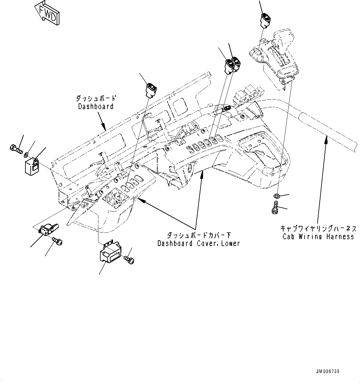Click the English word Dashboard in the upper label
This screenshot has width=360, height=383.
[x=96, y=106]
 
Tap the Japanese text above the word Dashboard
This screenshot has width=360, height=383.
[x=96, y=99]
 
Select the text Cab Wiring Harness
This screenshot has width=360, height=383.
[x=319, y=236]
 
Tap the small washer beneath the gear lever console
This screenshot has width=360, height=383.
[x=277, y=196]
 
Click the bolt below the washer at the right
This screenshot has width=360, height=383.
[x=274, y=207]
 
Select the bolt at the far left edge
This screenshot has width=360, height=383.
[x=16, y=149]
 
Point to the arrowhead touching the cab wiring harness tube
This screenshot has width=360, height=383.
[x=325, y=139]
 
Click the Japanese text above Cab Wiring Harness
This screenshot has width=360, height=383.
[x=319, y=229]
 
